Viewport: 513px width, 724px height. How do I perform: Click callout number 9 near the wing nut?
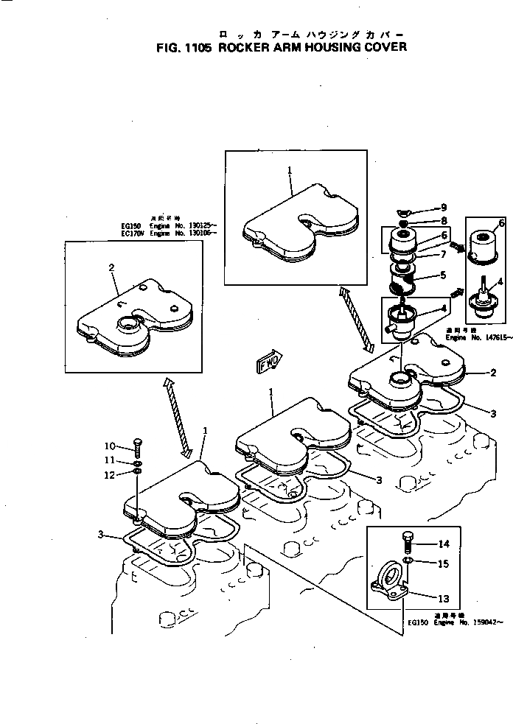pos(443,207)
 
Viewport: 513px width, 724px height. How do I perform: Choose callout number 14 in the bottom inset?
pos(444,544)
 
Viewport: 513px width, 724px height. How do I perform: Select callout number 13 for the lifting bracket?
pos(444,597)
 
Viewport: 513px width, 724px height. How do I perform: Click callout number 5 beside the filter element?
pos(443,275)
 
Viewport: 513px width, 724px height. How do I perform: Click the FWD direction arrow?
pos(268,363)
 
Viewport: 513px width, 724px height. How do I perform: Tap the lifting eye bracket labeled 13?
pos(388,580)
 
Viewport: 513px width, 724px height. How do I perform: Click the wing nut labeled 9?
pos(405,209)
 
